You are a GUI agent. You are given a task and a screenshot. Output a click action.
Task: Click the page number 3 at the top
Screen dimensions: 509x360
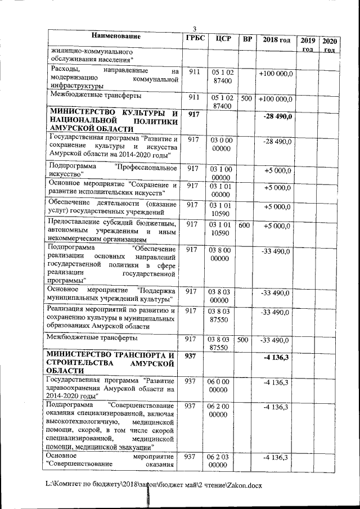(193, 30)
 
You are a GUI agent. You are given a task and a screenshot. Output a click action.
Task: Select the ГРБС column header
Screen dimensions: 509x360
(195, 39)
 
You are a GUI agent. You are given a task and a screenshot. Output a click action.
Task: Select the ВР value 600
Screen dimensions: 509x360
(245, 225)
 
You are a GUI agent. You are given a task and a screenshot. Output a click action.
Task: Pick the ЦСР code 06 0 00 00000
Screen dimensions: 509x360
(218, 386)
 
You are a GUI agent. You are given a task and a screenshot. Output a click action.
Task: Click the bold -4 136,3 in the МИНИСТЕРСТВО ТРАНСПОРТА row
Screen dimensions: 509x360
(276, 359)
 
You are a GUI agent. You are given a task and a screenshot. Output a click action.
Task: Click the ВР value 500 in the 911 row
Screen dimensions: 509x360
(245, 98)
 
